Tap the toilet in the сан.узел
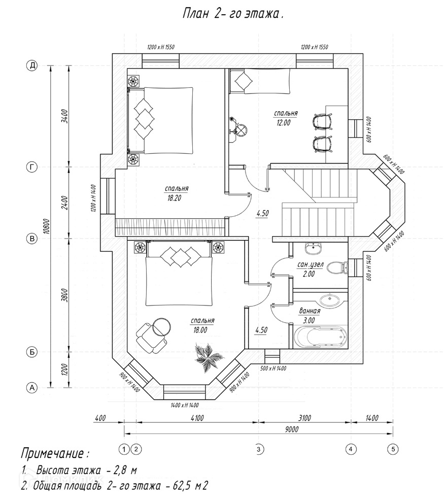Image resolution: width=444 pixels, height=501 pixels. coord(337,267)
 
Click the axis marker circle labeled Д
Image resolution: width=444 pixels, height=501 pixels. coord(31,66)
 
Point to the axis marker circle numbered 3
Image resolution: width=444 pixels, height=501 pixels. coord(258,449)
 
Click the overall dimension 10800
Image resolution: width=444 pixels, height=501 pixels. coord(46,226)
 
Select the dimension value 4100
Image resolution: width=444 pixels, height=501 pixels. coord(197,418)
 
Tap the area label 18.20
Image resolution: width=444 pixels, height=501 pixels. coord(174,198)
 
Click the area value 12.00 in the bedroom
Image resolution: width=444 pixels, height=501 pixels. coord(283,122)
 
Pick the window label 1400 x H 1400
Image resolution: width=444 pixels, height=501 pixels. coord(185,405)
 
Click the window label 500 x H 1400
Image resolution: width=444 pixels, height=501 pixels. coord(273,368)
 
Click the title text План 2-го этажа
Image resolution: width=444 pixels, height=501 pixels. coord(233,14)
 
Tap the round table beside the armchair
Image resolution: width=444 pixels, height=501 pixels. coord(162,327)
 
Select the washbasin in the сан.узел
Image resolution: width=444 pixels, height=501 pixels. coord(314,248)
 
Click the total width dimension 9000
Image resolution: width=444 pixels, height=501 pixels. coord(291,429)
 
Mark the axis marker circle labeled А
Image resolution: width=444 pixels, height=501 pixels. coord(31,388)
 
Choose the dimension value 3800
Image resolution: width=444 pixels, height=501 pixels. coord(64,295)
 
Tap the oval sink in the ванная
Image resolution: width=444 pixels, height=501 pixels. coord(330,300)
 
